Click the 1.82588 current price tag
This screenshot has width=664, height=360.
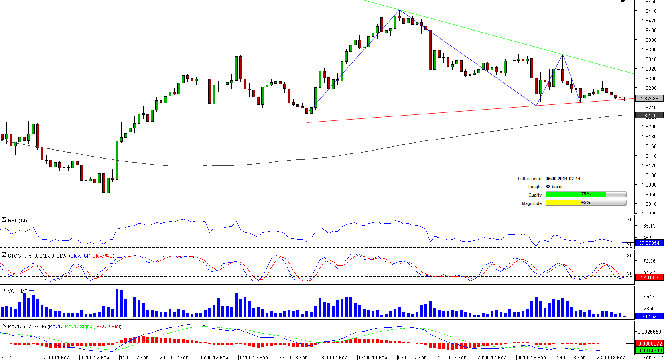(649, 98)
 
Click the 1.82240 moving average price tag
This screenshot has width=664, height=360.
(649, 116)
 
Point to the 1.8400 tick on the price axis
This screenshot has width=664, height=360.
(649, 31)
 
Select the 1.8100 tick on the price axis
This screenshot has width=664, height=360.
(649, 175)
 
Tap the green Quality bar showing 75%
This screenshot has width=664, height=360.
(576, 195)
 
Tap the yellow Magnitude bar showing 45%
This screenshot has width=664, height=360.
(564, 203)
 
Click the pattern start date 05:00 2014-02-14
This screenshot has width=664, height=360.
(562, 179)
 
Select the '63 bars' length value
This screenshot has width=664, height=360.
(553, 187)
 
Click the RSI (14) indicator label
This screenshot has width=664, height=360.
(18, 220)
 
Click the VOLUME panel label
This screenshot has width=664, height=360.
(18, 291)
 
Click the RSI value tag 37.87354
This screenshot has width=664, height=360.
(649, 243)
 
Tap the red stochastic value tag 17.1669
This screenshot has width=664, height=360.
(649, 277)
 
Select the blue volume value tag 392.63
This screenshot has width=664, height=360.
(649, 317)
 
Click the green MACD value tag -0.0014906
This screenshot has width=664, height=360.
(649, 350)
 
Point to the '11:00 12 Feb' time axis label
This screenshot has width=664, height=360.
(134, 357)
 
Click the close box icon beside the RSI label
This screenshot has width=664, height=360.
(4, 220)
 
